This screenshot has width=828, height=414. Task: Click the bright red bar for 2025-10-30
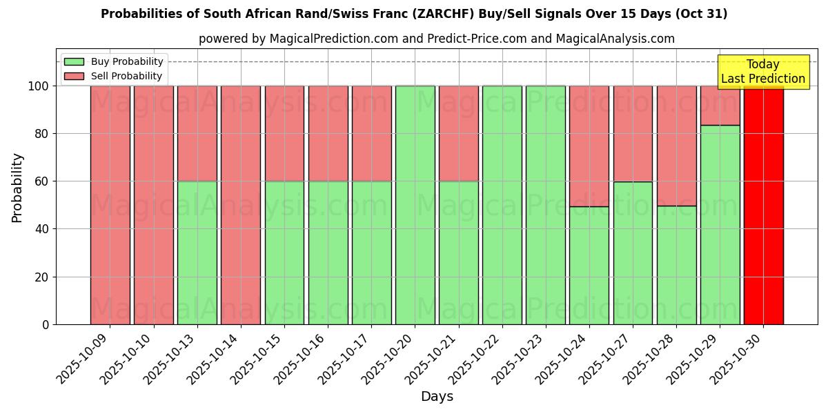pos(763,205)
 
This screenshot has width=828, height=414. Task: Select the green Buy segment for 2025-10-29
pos(720,225)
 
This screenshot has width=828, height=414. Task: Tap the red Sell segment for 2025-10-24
pos(589,146)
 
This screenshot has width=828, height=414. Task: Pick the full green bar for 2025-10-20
pos(415,205)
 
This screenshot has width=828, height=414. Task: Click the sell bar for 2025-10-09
pos(110,205)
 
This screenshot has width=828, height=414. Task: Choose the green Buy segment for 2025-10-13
pos(197,253)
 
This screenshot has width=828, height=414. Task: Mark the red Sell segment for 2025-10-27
pos(633,133)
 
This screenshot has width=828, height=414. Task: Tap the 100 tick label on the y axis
pos(37,86)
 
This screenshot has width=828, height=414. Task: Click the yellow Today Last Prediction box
pos(763,72)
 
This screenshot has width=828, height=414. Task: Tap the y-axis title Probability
pos(17,188)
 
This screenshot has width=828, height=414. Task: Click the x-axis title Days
pos(437,397)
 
